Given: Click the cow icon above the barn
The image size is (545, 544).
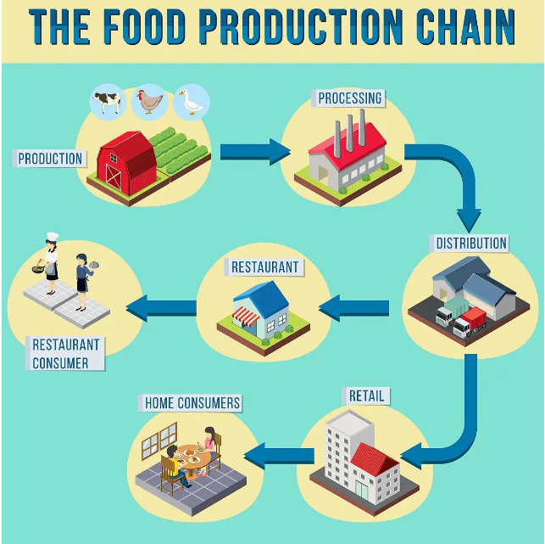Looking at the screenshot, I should [107, 101].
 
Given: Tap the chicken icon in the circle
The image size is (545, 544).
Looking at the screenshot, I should [150, 101].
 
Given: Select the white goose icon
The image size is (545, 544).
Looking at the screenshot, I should [192, 102].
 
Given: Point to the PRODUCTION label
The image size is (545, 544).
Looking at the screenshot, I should [50, 158].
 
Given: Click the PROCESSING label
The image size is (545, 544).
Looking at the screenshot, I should [350, 98].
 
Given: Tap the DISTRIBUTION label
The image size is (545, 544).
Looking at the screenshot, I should [471, 243].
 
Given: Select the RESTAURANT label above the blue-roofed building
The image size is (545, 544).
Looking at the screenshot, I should [264, 266].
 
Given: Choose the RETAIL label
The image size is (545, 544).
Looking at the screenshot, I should [366, 395].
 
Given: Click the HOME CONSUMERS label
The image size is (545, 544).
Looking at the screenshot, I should [192, 403].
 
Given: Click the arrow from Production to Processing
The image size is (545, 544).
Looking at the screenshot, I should [254, 152].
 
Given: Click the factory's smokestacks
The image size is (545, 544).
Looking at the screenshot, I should [348, 132].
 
